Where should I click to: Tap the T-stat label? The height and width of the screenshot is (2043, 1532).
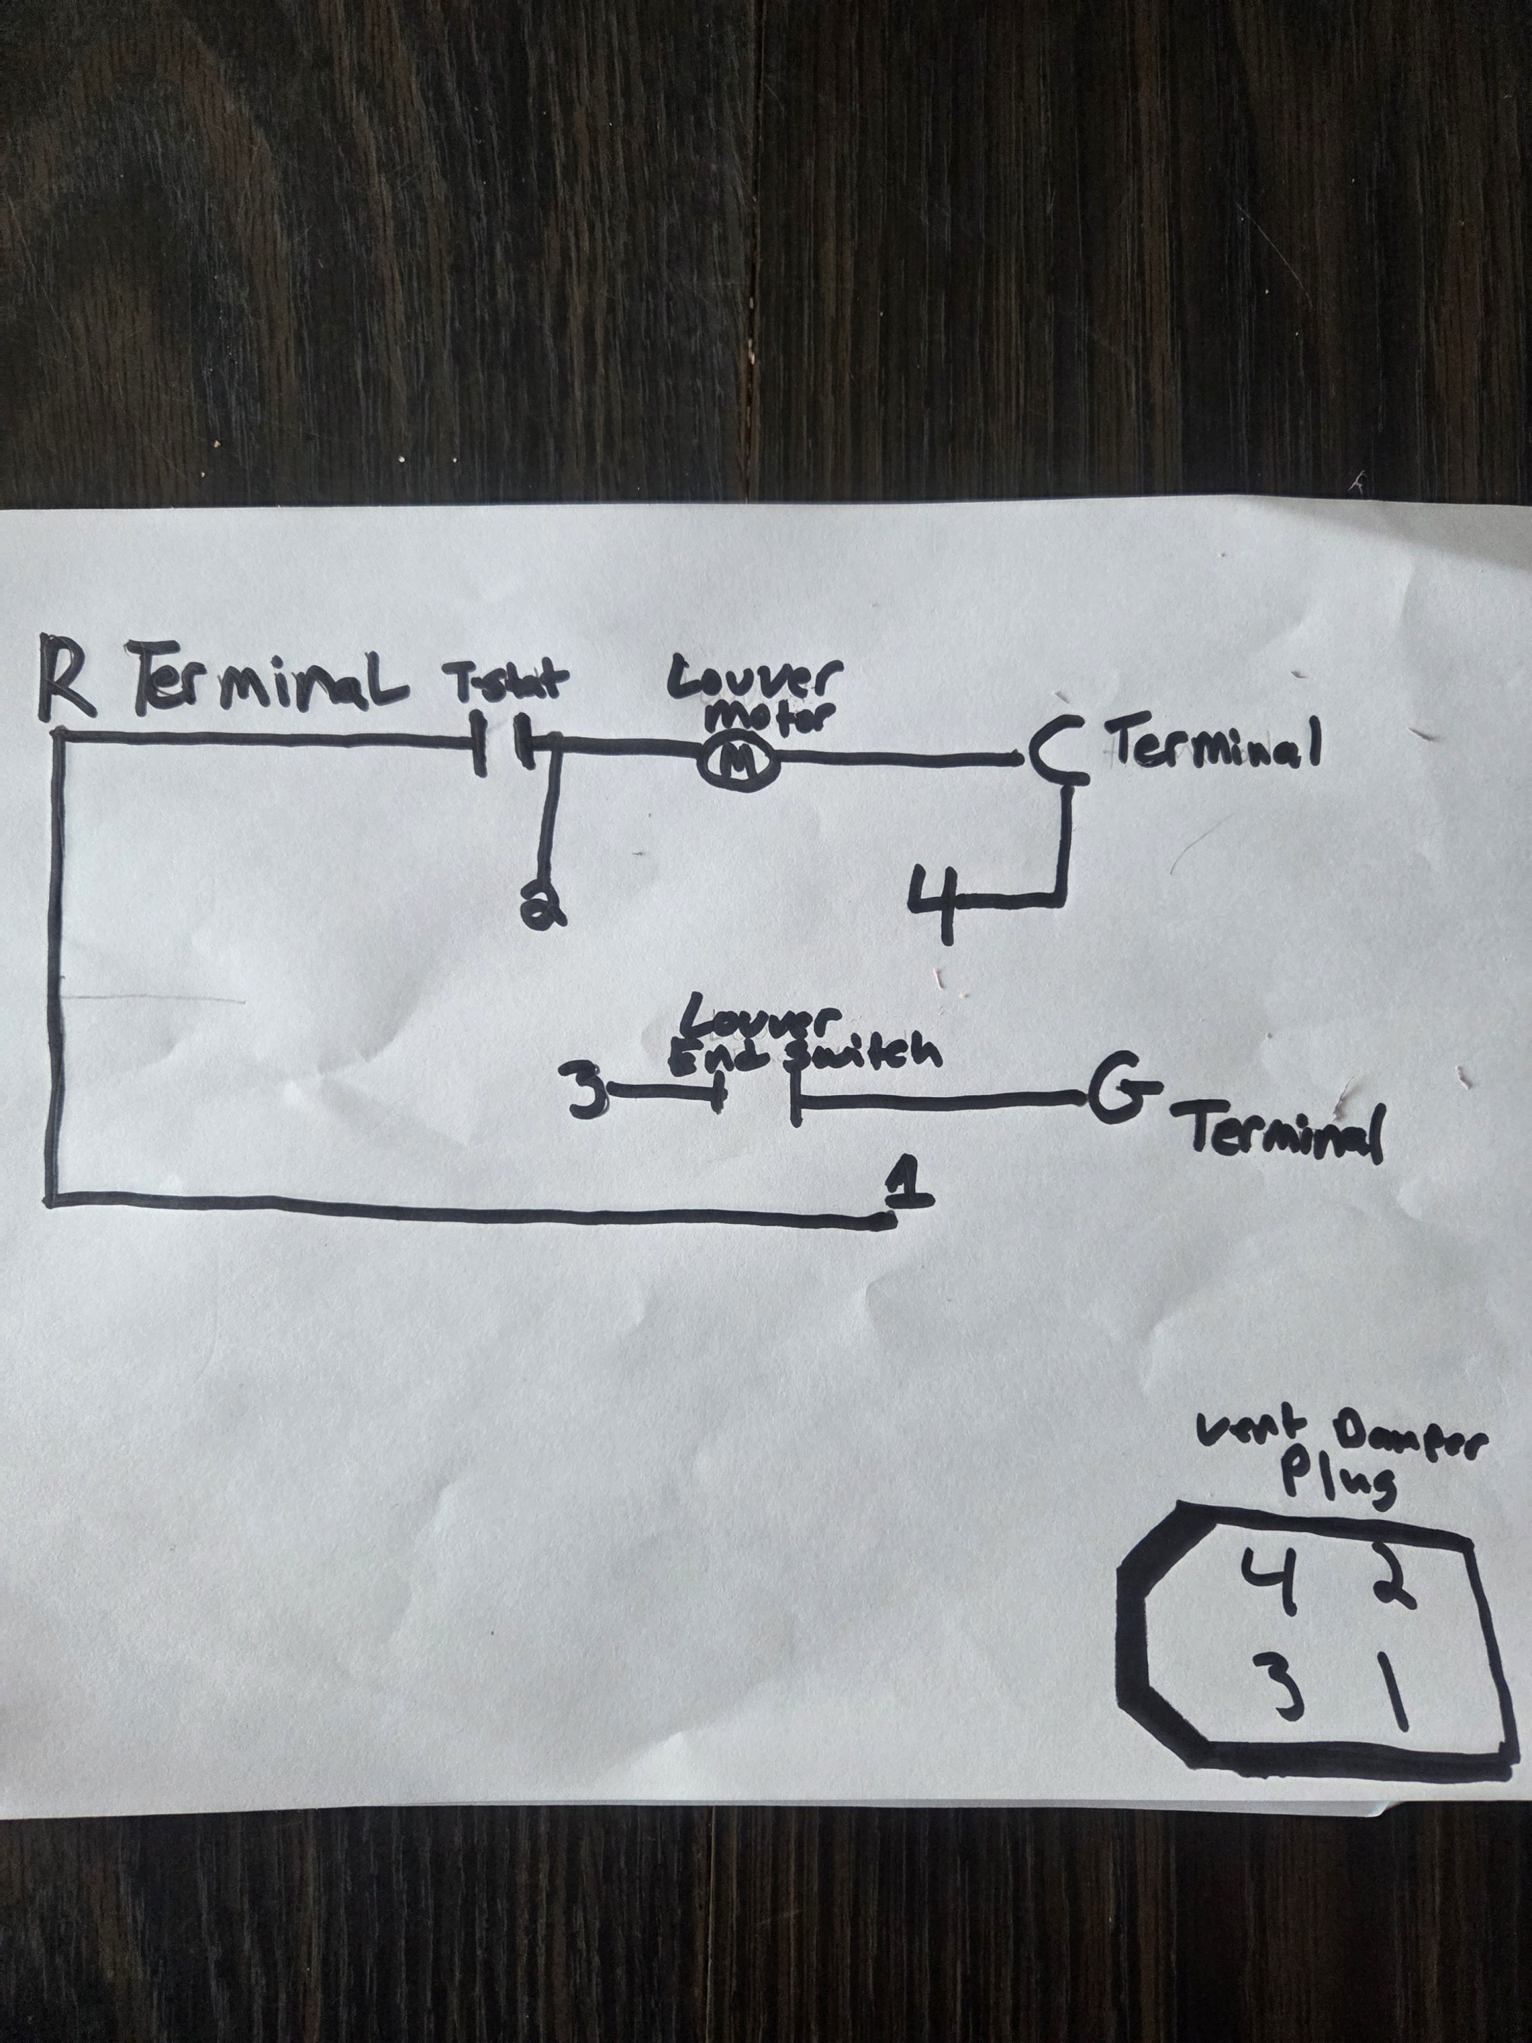pos(508,684)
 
